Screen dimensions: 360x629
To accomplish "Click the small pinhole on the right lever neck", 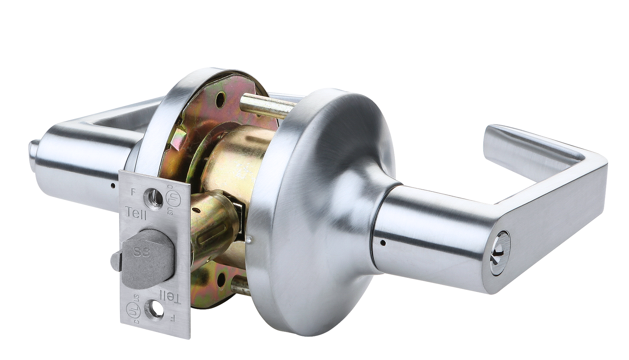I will (x=383, y=242).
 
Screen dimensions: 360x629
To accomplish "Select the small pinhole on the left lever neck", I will (x=112, y=186).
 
